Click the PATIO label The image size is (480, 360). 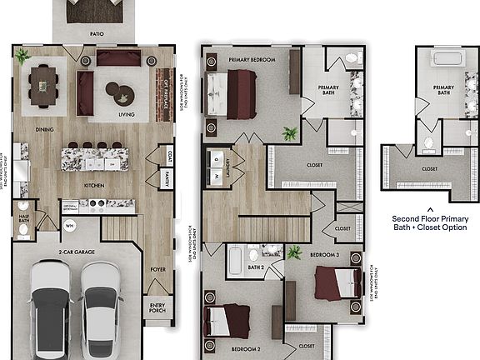coord(97,34)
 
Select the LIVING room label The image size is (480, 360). coord(127,115)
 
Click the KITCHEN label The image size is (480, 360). coord(94,185)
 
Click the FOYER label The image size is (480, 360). coord(157,269)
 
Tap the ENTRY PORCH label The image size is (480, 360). coord(157,308)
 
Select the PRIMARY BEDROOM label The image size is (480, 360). coord(252,60)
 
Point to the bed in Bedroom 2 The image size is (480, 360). coord(227,322)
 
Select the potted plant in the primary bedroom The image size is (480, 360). coord(290,134)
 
